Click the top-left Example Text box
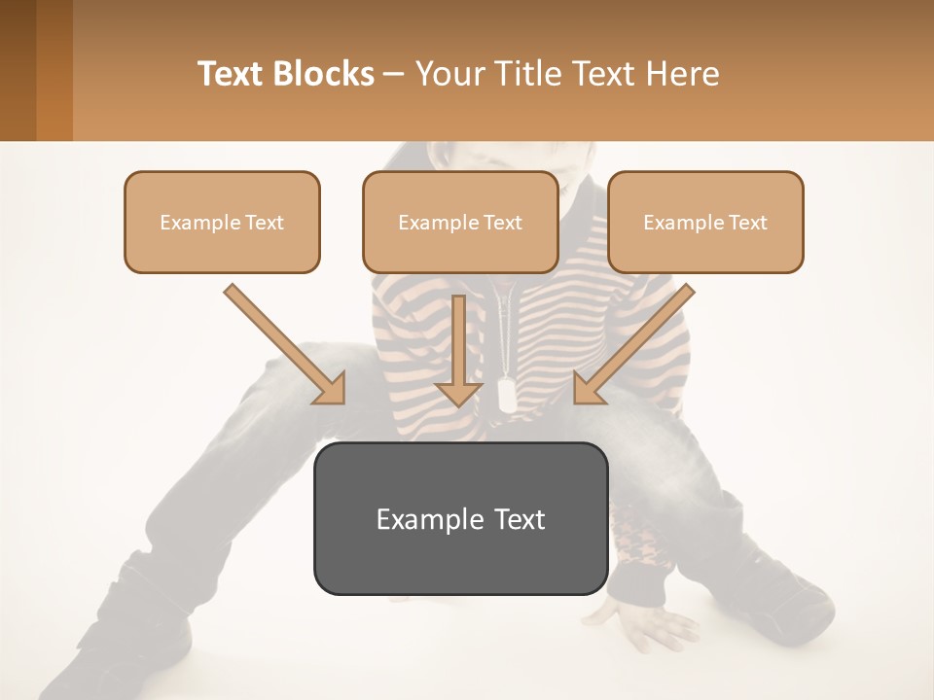[x=222, y=222]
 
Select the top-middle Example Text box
[x=460, y=222]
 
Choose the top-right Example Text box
[x=705, y=222]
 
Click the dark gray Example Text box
[x=460, y=518]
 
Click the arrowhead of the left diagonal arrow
[x=331, y=389]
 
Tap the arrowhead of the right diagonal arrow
[x=589, y=389]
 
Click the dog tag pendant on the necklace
[x=507, y=393]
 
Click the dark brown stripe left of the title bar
[x=18, y=70]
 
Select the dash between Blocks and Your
[x=394, y=75]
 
